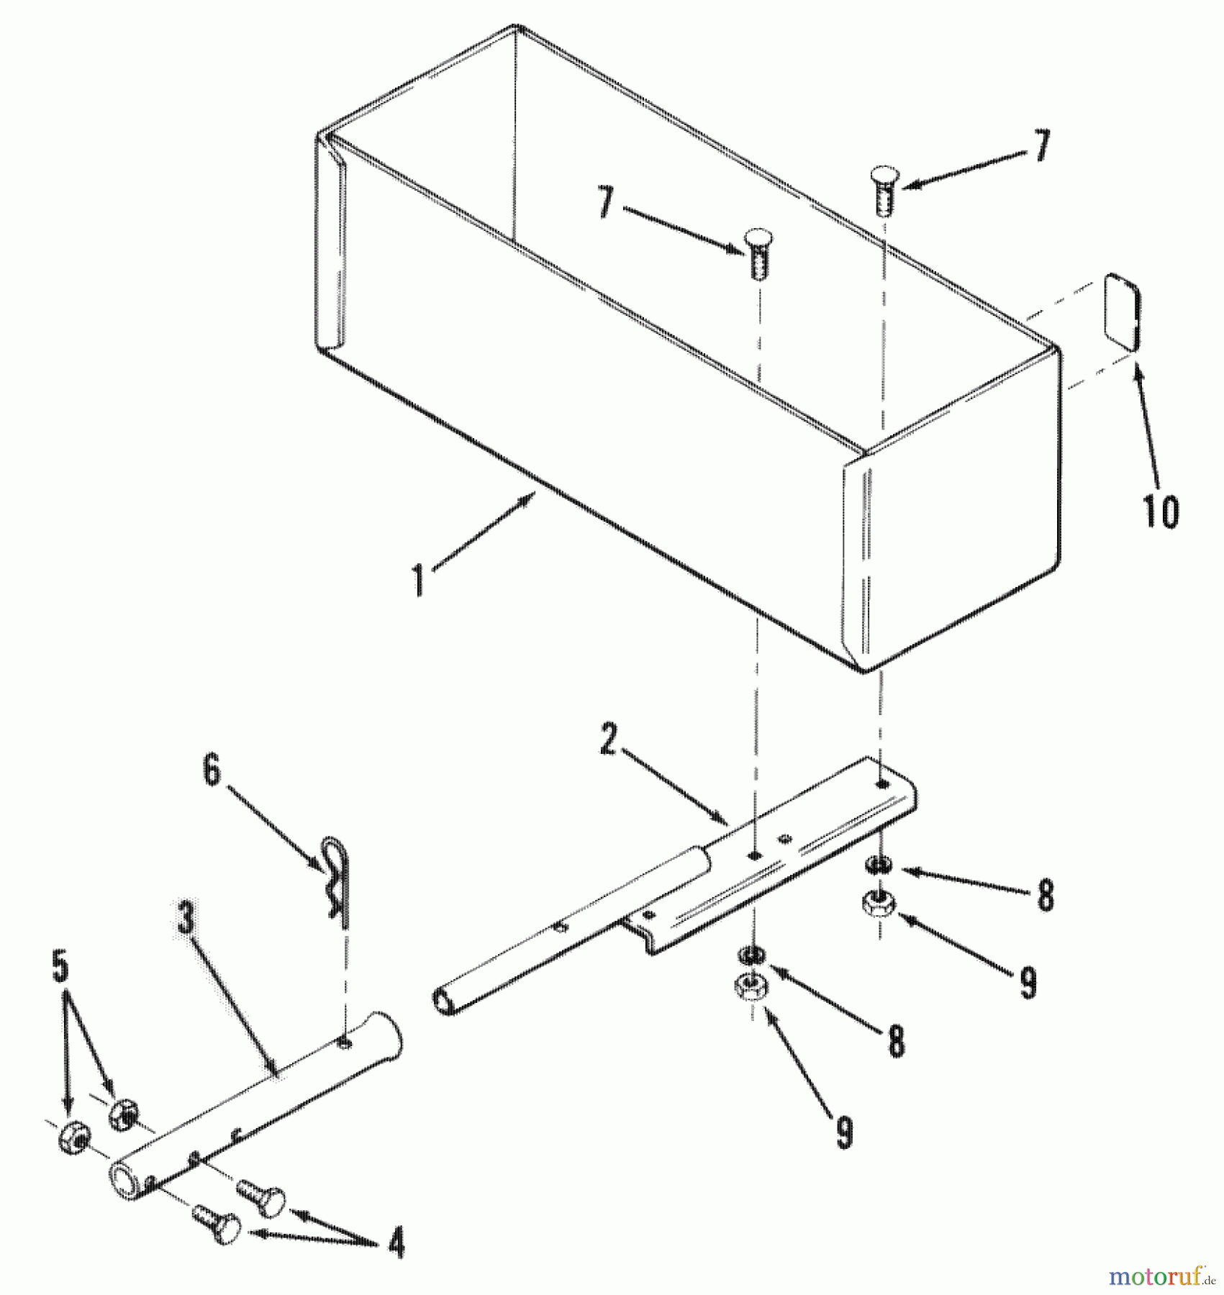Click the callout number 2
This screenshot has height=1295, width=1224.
(x=609, y=740)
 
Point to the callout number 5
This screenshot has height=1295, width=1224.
(x=61, y=968)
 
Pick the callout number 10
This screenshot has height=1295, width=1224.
(x=1160, y=511)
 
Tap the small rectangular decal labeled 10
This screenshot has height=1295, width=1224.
(x=1122, y=312)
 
